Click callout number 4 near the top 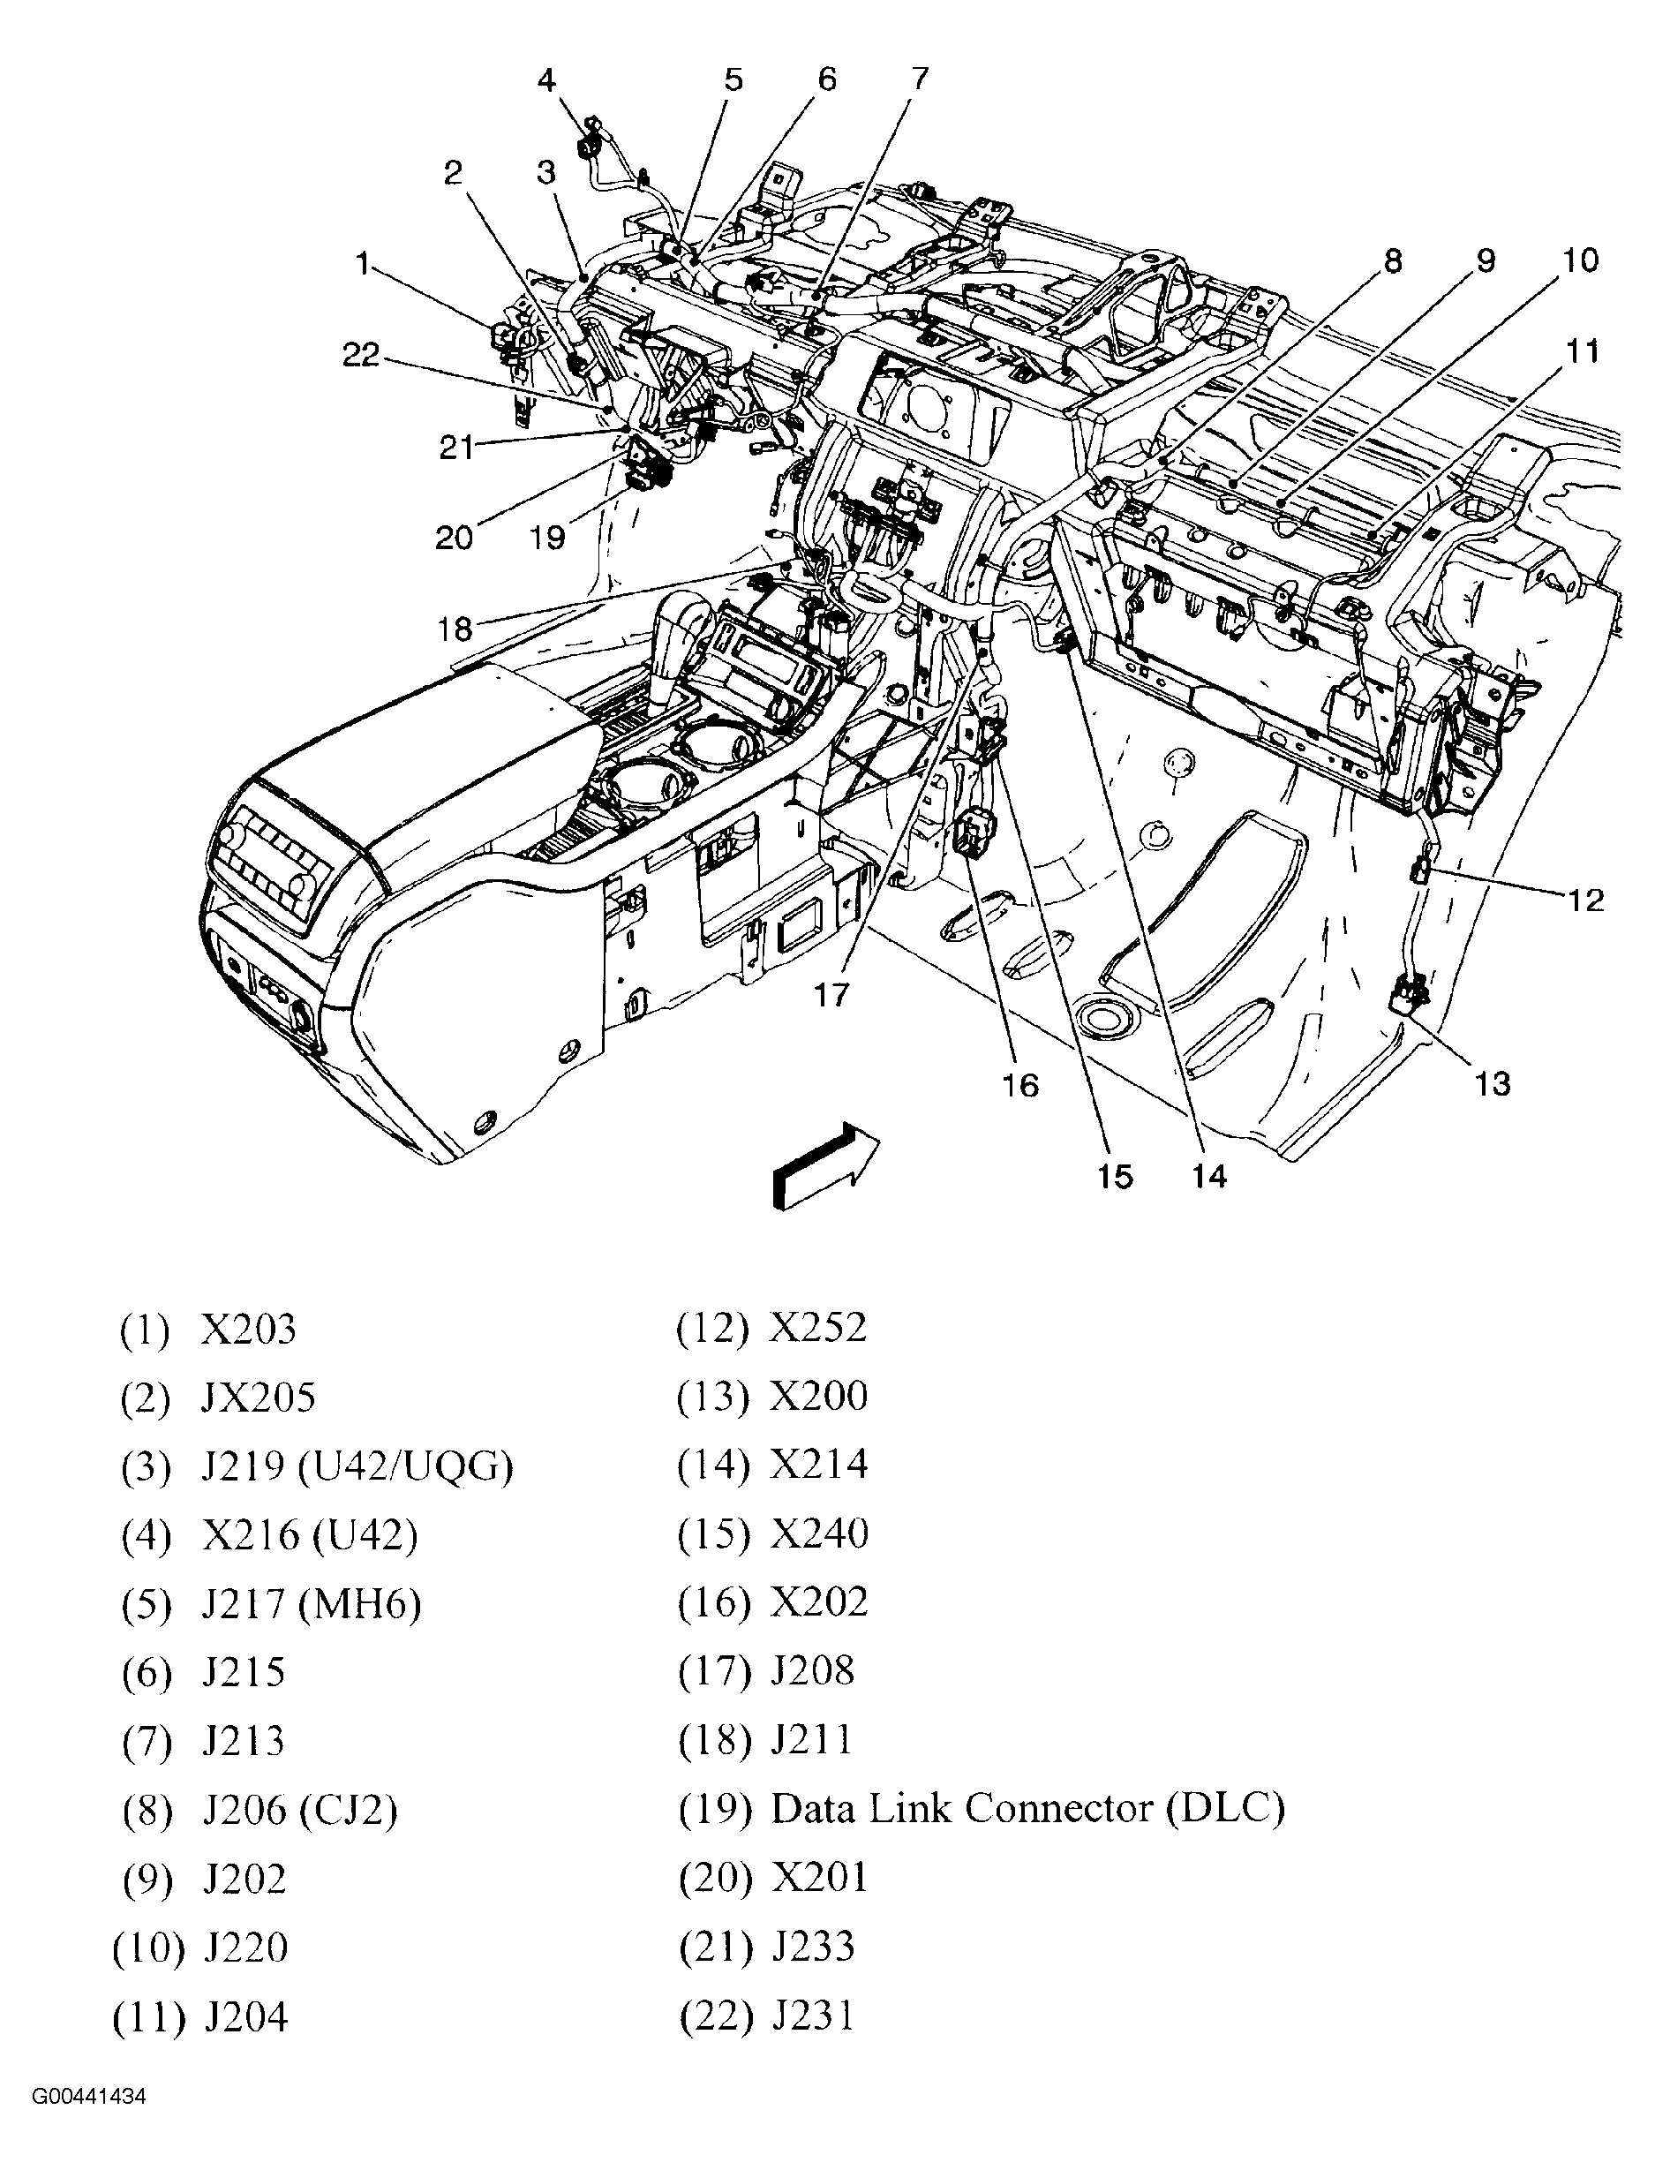click(x=546, y=79)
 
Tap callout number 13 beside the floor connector click(x=1493, y=1083)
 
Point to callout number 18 click(x=455, y=629)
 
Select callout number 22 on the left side click(x=360, y=355)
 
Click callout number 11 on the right click(x=1582, y=351)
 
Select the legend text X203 click(x=248, y=1330)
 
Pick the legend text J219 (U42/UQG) click(x=357, y=1466)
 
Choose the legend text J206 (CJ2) click(x=299, y=1810)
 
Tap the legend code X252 click(x=817, y=1328)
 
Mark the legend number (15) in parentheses click(x=713, y=1534)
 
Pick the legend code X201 click(x=818, y=1878)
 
